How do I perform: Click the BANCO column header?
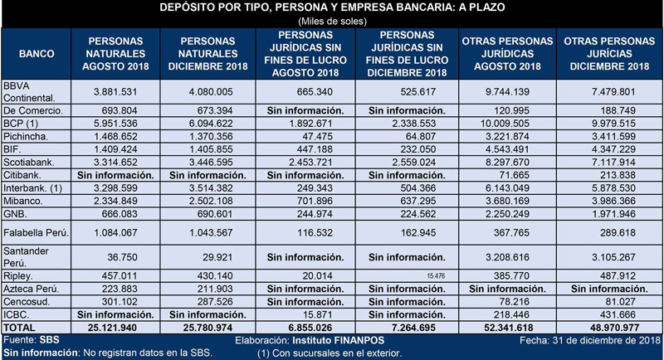(37, 54)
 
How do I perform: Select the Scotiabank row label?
(29, 163)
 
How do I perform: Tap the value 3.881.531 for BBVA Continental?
(115, 92)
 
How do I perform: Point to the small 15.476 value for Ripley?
(437, 276)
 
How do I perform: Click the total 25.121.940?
(112, 328)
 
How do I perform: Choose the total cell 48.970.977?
(610, 328)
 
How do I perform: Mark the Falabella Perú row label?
(36, 232)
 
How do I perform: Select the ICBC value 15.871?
(317, 314)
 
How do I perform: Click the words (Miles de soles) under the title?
(333, 21)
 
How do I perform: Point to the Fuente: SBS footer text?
(32, 340)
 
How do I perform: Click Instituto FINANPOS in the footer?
(339, 341)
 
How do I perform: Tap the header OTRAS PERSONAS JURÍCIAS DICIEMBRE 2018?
(609, 54)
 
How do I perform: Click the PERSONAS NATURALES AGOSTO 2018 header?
(115, 54)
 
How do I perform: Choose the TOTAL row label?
(19, 328)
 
